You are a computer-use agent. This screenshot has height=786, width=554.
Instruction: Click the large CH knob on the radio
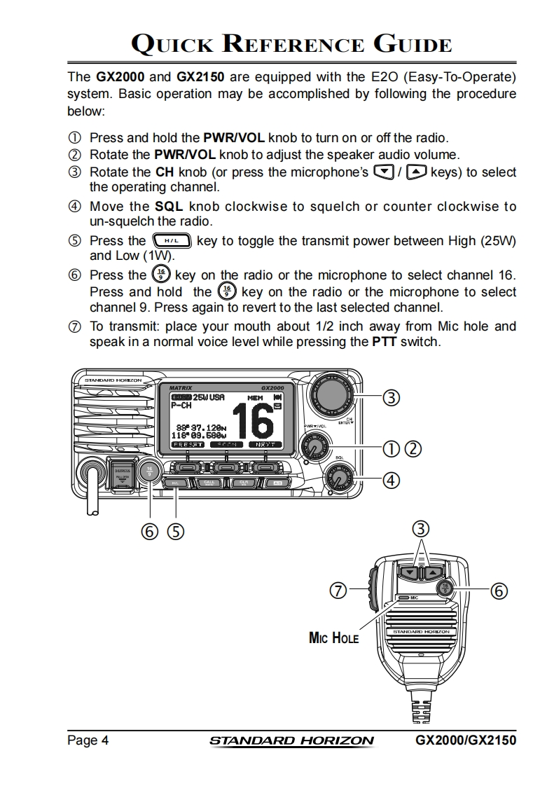coord(332,394)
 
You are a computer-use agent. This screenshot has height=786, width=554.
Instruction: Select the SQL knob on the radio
coord(340,478)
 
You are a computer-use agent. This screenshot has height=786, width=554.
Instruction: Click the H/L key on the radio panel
coord(175,483)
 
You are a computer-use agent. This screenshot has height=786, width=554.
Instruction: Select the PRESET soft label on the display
coord(188,444)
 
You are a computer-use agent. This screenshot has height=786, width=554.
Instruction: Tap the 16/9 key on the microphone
coord(445,588)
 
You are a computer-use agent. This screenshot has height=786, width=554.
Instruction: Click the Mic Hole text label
coord(333,637)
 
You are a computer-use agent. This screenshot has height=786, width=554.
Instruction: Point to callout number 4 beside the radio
coord(391,481)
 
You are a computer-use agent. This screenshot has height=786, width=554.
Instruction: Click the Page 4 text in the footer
coord(88,740)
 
